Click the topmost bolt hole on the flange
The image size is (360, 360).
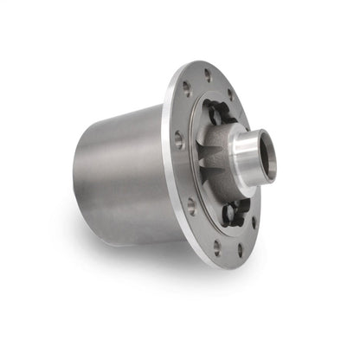click(208, 75)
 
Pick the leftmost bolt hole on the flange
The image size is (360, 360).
click(179, 140)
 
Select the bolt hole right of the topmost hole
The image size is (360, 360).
click(230, 93)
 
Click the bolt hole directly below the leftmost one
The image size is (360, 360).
click(191, 206)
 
